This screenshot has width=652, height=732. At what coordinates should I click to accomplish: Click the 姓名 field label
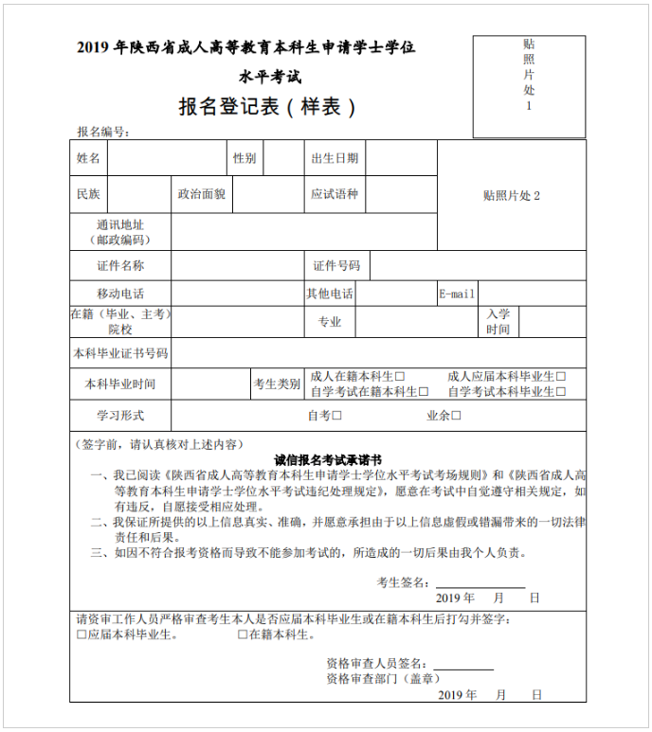(x=88, y=158)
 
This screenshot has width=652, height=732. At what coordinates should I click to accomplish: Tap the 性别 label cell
(x=244, y=158)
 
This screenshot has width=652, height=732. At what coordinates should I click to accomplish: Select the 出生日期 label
(x=335, y=158)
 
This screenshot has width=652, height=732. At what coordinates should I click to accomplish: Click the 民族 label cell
(x=88, y=194)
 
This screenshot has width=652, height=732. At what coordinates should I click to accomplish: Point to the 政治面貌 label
(x=201, y=194)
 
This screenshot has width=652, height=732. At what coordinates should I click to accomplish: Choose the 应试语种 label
(x=335, y=194)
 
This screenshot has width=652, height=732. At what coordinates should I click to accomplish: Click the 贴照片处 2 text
(x=511, y=196)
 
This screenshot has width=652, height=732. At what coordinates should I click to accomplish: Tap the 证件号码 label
(x=336, y=266)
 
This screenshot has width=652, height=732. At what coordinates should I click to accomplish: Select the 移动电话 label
(x=120, y=294)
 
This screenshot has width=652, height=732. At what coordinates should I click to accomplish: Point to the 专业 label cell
(x=329, y=322)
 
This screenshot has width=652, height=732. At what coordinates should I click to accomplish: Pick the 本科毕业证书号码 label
(x=120, y=353)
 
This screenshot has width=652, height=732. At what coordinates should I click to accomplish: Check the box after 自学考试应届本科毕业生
(x=561, y=391)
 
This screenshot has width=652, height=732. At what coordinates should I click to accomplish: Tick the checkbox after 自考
(x=337, y=416)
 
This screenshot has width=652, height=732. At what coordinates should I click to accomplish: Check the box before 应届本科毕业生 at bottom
(x=81, y=635)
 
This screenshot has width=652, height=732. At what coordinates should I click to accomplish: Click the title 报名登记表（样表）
(x=268, y=107)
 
